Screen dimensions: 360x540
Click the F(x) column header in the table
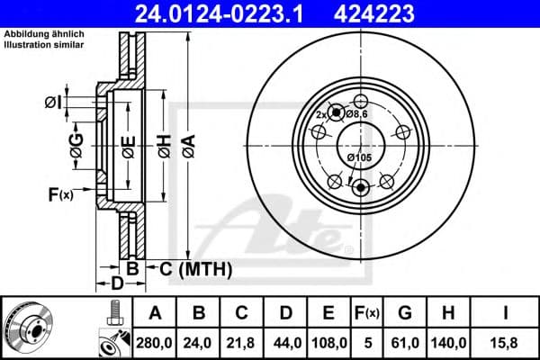coord(368,313)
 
